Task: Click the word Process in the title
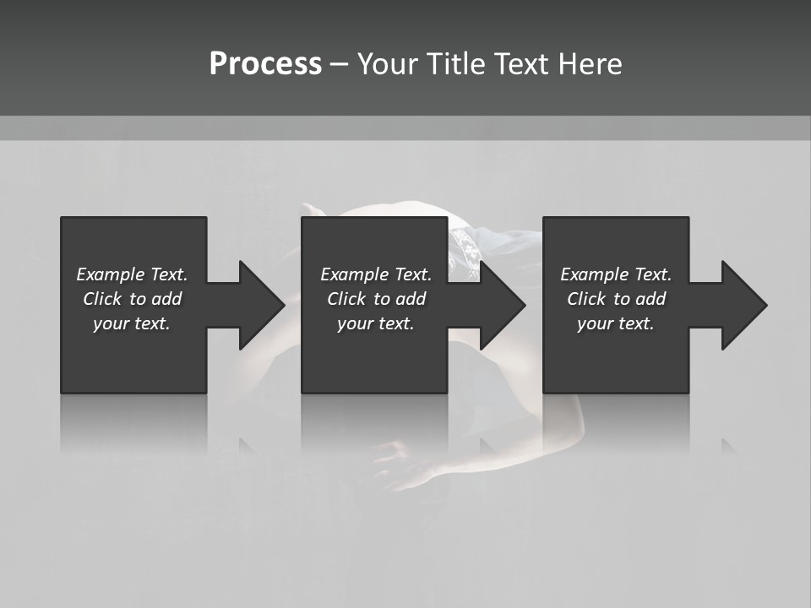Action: point(265,64)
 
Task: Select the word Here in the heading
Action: point(591,64)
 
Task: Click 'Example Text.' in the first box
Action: point(132,274)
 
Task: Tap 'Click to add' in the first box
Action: point(132,299)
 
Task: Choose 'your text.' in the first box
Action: point(132,323)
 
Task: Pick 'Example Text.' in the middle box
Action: point(376,274)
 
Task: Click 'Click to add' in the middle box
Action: point(376,299)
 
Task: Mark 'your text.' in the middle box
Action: point(376,323)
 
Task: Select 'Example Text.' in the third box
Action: point(616,274)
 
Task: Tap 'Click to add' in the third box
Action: point(616,299)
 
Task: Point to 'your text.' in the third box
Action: point(616,323)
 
